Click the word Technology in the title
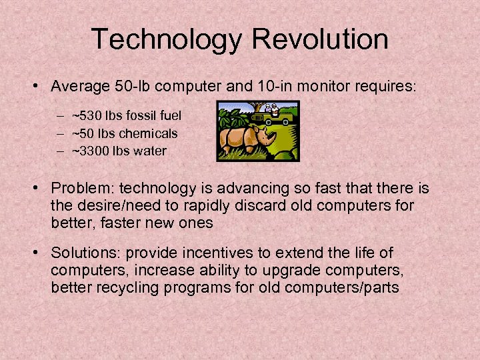pos(166,39)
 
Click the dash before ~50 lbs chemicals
pos(61,133)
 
